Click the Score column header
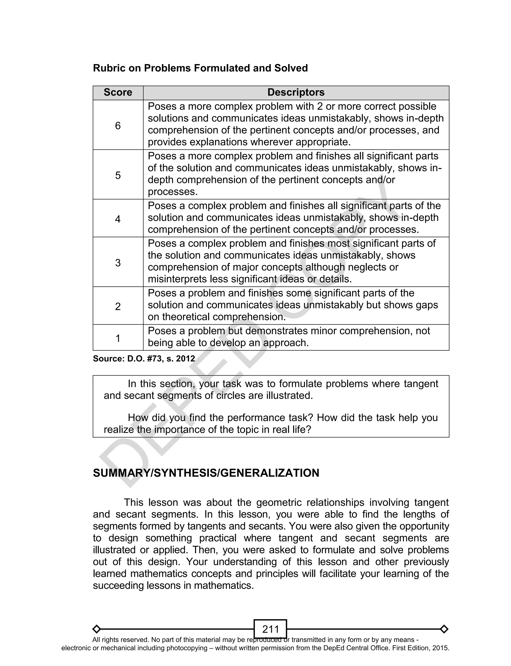click(x=118, y=92)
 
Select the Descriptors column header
click(x=296, y=92)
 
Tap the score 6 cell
click(x=118, y=125)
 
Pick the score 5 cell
click(x=118, y=175)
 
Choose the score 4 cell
click(x=118, y=219)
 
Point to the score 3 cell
click(x=118, y=263)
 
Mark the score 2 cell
click(x=118, y=306)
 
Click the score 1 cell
click(x=118, y=338)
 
